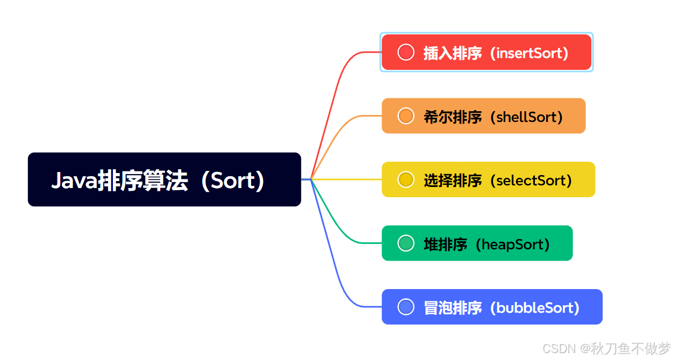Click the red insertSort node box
pos(486,52)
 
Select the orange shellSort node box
pos(484,116)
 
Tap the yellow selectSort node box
pos(489,179)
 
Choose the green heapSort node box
pos(477,243)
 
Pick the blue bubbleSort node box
pos(492,307)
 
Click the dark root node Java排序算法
pos(164,179)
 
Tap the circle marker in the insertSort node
pos(406,52)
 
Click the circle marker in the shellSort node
pos(406,116)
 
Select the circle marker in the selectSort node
pos(406,179)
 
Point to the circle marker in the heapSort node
pos(406,243)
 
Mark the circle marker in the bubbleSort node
pos(406,307)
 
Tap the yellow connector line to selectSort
pos(346,179)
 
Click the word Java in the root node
pos(75,181)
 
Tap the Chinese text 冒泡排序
pos(453,308)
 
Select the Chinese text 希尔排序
pos(453,117)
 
